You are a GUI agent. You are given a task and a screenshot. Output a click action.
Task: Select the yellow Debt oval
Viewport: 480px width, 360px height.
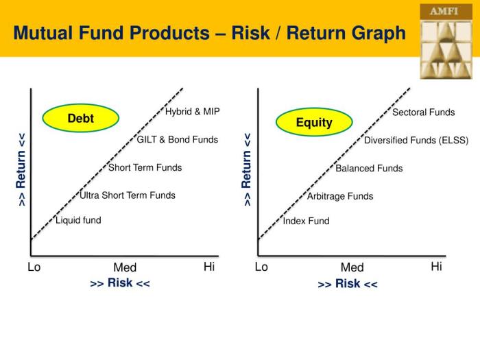point(80,119)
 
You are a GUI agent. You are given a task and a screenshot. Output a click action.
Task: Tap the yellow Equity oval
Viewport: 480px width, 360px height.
point(314,123)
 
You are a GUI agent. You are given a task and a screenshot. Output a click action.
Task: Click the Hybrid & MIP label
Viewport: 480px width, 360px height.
point(193,112)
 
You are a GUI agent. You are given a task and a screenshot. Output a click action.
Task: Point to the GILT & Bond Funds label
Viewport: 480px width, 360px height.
point(178,140)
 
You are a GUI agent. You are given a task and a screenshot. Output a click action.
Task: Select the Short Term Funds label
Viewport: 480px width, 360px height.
point(145,168)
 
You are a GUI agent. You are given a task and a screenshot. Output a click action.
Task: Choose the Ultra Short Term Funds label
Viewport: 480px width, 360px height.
point(128,195)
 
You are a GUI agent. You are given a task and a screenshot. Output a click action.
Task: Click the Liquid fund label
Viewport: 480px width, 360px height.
point(78,220)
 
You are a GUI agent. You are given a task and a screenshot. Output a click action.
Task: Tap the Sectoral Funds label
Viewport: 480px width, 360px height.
point(423,112)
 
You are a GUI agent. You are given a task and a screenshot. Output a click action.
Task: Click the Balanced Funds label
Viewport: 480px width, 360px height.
point(369,169)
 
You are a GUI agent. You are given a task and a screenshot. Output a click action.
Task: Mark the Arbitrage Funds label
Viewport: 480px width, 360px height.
point(340,196)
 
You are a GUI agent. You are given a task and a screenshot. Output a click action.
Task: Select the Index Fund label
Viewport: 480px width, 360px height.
point(306,221)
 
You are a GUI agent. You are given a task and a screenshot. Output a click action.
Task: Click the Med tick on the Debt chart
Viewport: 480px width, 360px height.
point(125,267)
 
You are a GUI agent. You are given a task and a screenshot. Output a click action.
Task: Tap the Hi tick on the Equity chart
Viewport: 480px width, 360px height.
point(436,267)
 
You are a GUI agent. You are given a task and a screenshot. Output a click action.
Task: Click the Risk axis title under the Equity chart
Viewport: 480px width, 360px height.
point(348,284)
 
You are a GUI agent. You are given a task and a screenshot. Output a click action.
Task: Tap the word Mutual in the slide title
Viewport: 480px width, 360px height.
point(42,33)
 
